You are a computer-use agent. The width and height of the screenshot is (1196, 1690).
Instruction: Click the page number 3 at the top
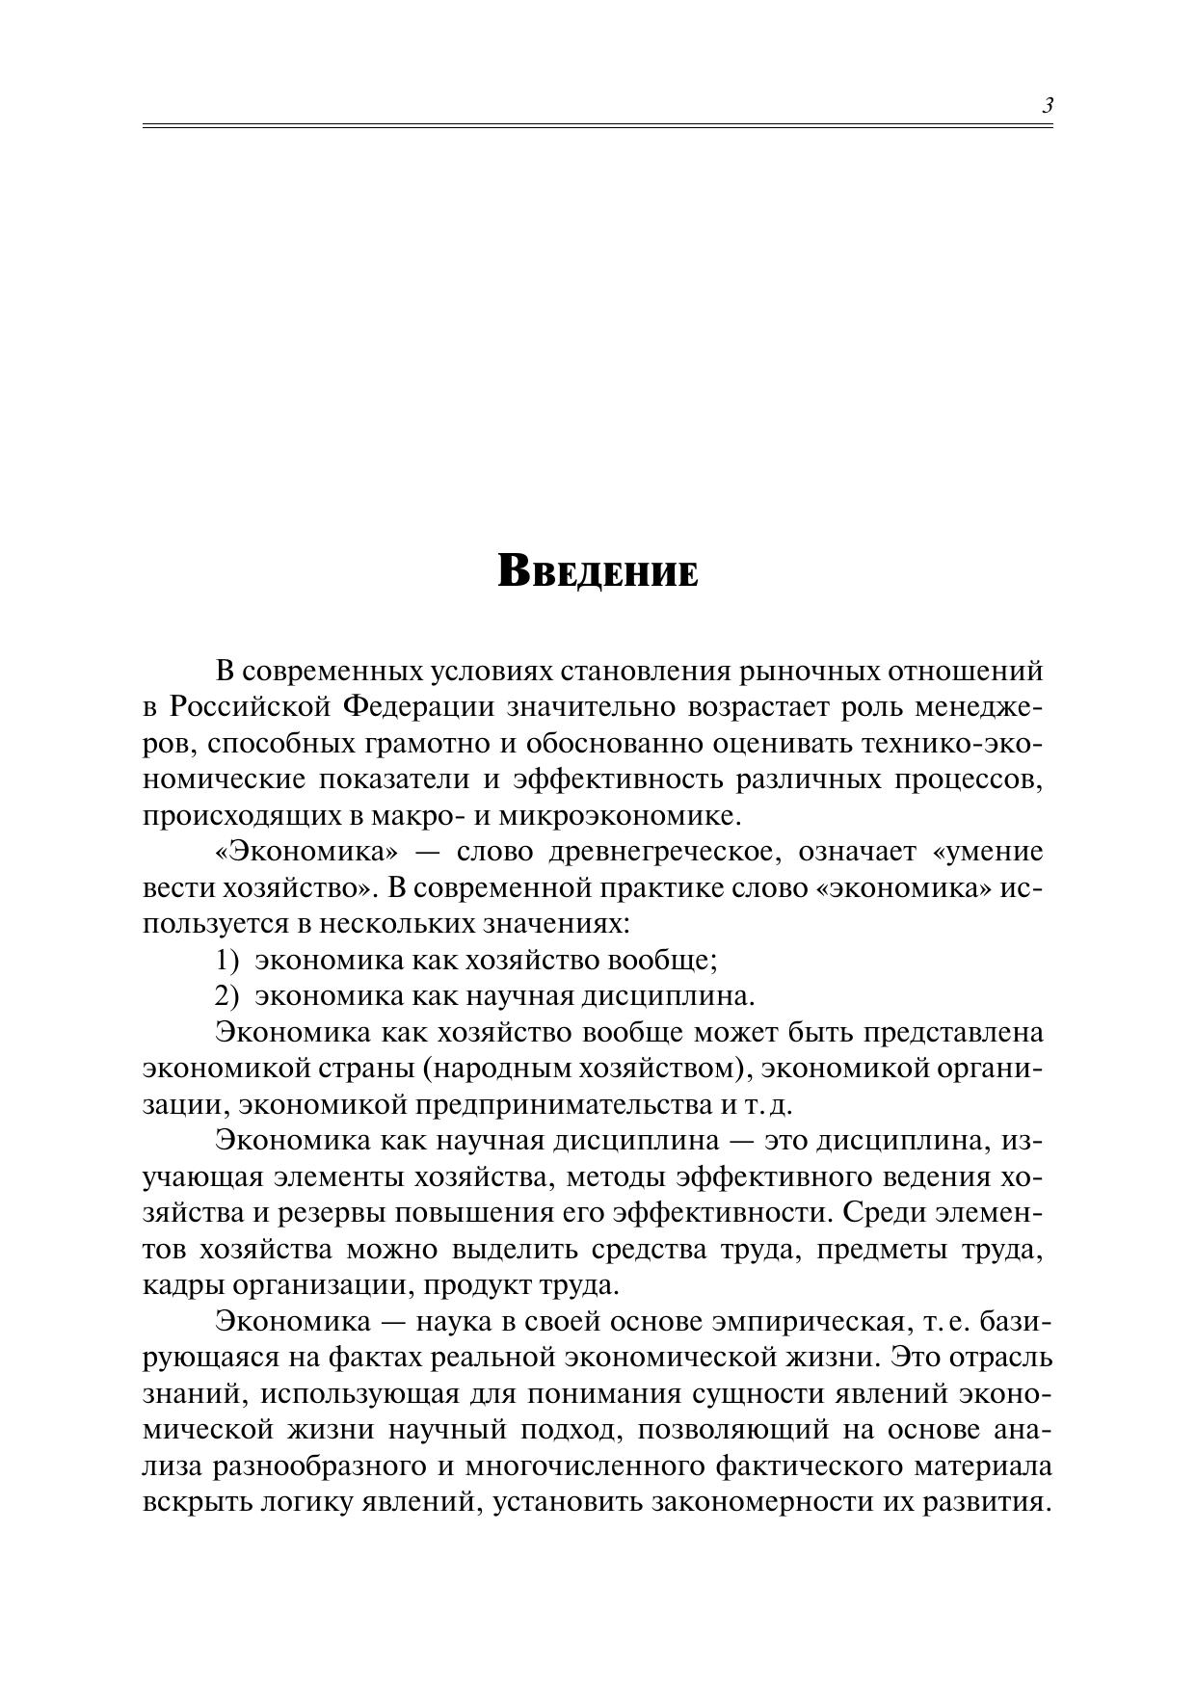coord(1048,106)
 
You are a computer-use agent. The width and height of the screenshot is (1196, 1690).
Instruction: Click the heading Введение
coord(598,571)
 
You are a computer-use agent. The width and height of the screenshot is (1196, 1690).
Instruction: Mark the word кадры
coord(178,1285)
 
